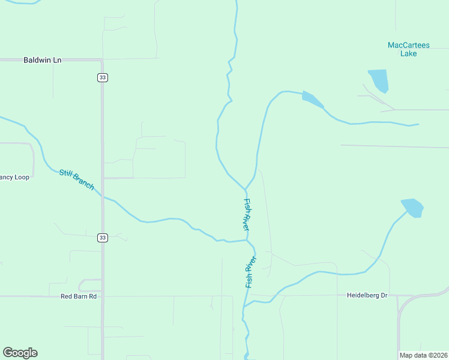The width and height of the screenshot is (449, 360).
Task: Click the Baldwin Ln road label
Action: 43,60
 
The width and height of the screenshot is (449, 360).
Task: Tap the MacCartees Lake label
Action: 408,49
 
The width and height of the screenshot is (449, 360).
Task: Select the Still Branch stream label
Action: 76,180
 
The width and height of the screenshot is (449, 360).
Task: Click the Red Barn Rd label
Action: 79,296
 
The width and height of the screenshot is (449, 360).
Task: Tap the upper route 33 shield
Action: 103,77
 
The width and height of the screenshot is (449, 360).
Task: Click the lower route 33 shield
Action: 103,238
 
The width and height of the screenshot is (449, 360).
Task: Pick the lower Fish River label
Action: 250,272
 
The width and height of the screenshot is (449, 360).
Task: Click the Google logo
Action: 20,353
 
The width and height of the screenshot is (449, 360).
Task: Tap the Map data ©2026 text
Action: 424,355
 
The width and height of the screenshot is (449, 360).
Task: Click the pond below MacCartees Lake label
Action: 379,80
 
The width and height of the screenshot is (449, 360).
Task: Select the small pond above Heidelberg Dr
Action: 412,208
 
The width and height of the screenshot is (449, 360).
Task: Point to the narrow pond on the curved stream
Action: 312,99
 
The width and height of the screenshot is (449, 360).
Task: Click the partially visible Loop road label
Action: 14,177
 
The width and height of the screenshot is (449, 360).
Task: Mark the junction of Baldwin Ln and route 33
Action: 102,60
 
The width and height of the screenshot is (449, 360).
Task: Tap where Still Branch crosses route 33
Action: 103,197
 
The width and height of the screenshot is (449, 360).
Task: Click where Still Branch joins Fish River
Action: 247,240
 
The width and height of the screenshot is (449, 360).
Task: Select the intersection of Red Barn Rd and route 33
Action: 103,296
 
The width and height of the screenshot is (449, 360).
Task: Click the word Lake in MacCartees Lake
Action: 408,53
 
